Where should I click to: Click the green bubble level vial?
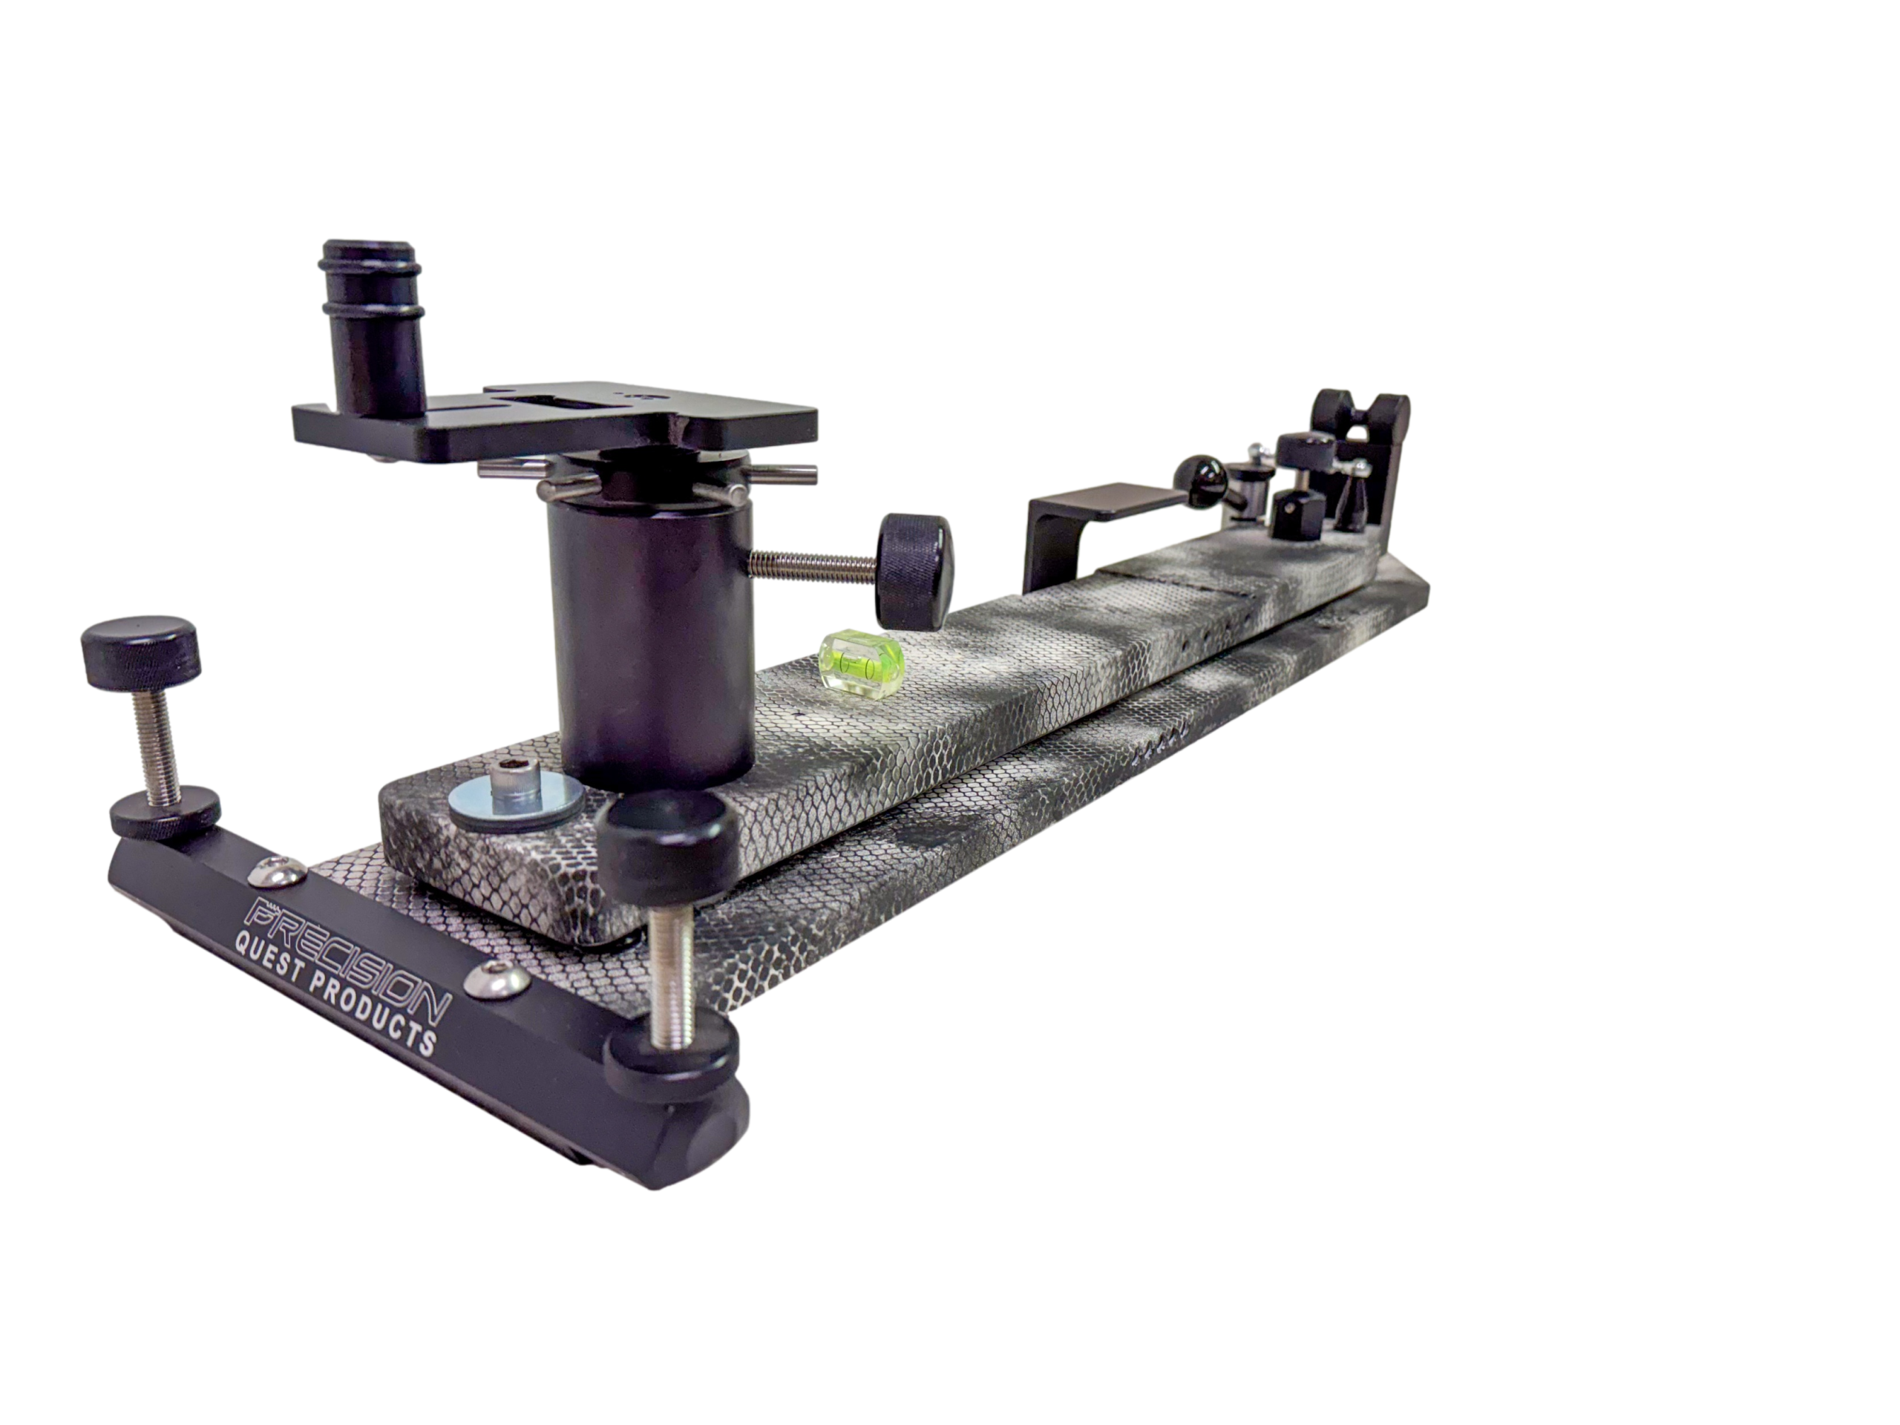click(862, 661)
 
